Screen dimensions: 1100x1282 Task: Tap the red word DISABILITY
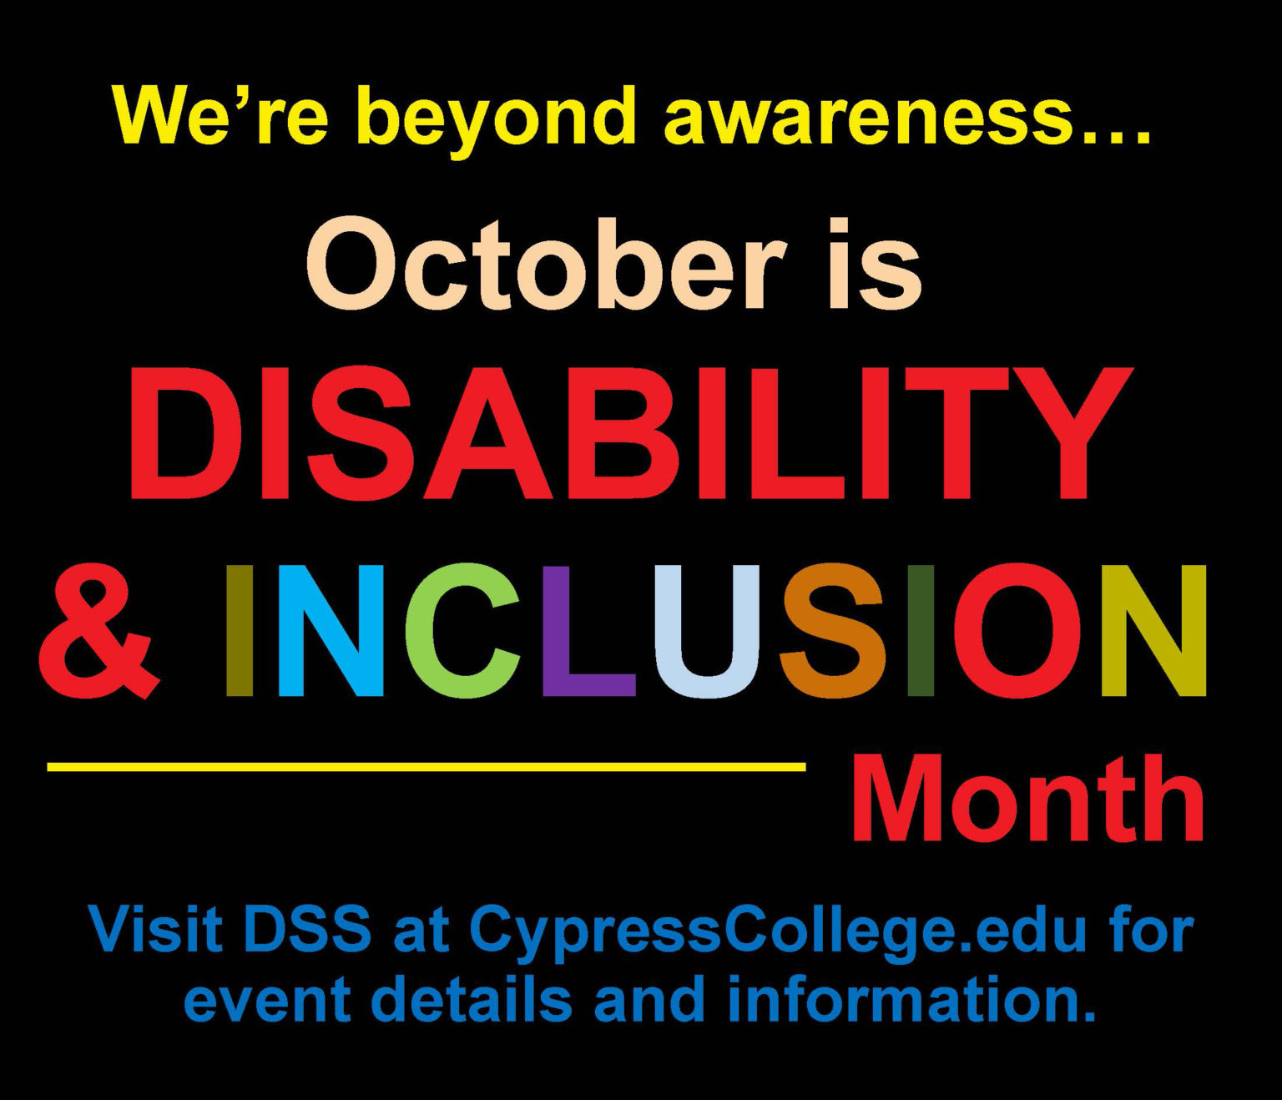630,433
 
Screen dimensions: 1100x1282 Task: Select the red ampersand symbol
98,631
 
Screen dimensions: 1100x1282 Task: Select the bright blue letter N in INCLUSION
331,631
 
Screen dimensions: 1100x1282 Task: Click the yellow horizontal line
426,765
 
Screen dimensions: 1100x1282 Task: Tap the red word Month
1027,800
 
